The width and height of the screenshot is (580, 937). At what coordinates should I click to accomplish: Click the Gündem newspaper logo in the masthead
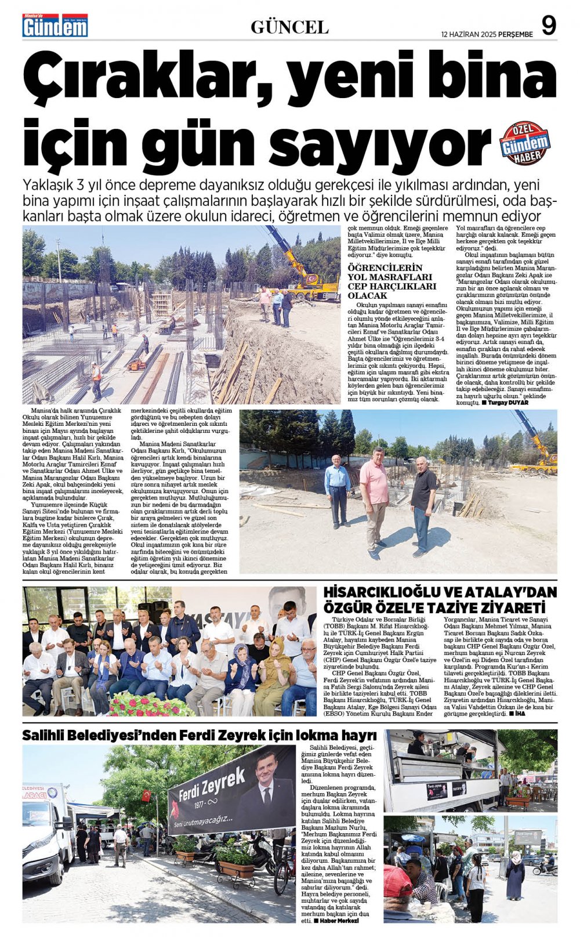[x=55, y=26]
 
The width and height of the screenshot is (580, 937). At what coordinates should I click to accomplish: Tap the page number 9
[x=548, y=25]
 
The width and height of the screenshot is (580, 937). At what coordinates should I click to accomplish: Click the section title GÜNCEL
[x=289, y=27]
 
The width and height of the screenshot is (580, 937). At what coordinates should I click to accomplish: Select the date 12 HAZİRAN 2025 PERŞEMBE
[x=487, y=34]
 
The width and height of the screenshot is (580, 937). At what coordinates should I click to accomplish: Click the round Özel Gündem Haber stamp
[x=525, y=143]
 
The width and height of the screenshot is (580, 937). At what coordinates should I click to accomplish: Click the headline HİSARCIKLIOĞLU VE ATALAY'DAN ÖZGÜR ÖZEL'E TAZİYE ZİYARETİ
[x=440, y=600]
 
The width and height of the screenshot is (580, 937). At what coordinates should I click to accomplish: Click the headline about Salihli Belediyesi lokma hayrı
[x=199, y=736]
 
